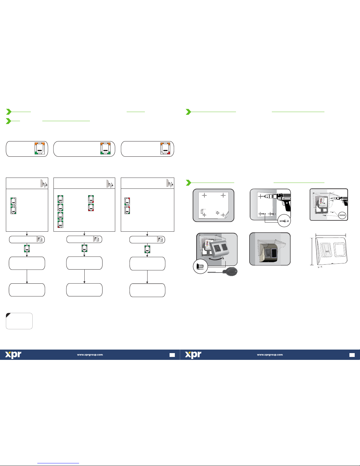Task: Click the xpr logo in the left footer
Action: tap(13, 355)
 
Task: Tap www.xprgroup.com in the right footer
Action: tap(270, 355)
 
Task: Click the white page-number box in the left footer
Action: tap(172, 355)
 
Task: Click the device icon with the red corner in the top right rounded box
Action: tap(165, 148)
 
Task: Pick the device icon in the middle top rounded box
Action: tap(106, 148)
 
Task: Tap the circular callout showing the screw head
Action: tap(200, 267)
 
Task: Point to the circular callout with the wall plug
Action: tap(284, 221)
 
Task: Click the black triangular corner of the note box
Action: tap(8, 315)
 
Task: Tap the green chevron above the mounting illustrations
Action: tap(188, 183)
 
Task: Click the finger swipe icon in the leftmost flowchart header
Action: tap(44, 183)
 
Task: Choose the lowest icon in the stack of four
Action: tap(61, 224)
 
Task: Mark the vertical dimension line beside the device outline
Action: tap(312, 252)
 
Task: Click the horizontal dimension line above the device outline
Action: tap(331, 235)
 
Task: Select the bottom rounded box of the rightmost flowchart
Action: tap(148, 290)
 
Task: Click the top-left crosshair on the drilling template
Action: tap(205, 195)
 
